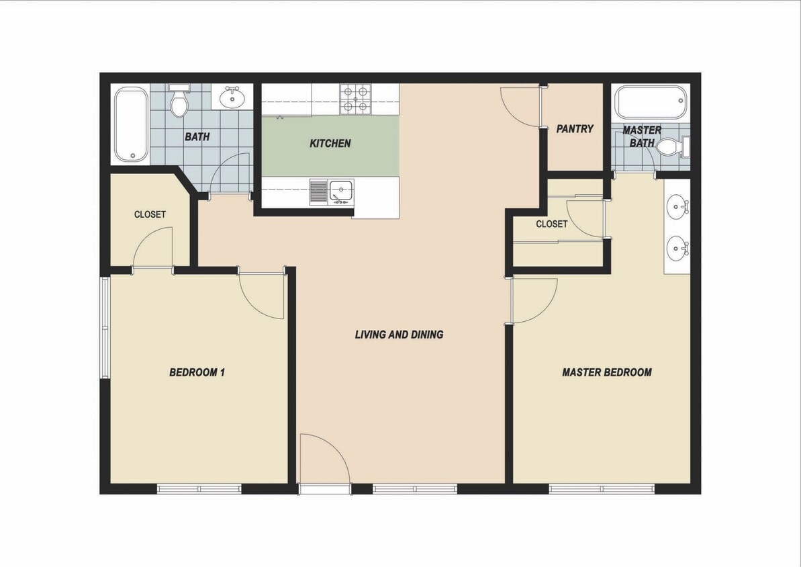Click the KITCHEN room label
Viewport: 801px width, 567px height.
tap(330, 144)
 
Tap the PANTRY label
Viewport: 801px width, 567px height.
tap(575, 129)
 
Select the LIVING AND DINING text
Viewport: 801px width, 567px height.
tap(399, 335)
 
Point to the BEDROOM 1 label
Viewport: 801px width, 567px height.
tap(197, 372)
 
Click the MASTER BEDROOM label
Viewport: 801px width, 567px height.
tap(606, 372)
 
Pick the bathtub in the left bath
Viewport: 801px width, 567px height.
tap(130, 126)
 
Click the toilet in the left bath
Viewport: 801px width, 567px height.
tap(179, 103)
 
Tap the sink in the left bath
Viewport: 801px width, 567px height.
tap(232, 97)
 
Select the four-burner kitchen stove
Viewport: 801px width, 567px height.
tap(356, 99)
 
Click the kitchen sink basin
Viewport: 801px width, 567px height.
tap(341, 191)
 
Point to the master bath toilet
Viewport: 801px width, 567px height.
tap(671, 147)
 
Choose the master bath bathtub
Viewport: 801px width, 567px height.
tap(650, 102)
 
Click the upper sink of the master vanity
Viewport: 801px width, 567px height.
tap(677, 206)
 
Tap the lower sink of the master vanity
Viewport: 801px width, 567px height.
tap(677, 249)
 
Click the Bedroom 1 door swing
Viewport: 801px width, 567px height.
tap(262, 294)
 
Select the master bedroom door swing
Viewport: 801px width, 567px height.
tap(534, 300)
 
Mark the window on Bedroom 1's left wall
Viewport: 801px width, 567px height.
tap(105, 326)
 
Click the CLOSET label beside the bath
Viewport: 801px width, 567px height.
tap(150, 215)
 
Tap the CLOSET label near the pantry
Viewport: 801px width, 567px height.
tap(551, 224)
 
